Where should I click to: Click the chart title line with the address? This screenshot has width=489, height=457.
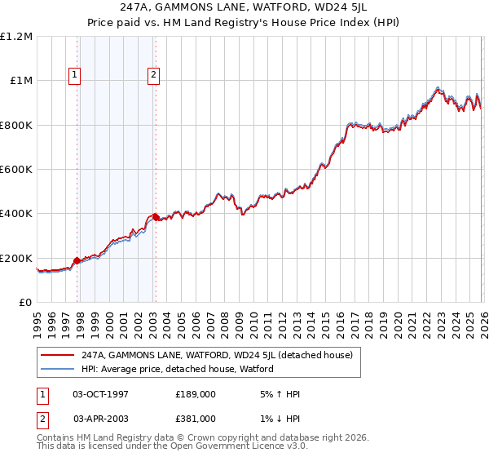pyautogui.click(x=244, y=9)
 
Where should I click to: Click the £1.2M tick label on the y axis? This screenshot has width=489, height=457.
pyautogui.click(x=16, y=37)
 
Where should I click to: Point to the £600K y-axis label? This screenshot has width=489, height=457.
pyautogui.click(x=16, y=170)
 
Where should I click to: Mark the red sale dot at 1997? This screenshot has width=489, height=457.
pyautogui.click(x=77, y=261)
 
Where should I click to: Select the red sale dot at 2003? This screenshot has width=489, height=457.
pyautogui.click(x=156, y=218)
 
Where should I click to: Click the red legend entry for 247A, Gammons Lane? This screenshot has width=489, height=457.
pyautogui.click(x=216, y=356)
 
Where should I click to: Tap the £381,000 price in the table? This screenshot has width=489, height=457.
pyautogui.click(x=196, y=418)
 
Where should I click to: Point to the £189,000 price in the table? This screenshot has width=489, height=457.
pyautogui.click(x=196, y=394)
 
